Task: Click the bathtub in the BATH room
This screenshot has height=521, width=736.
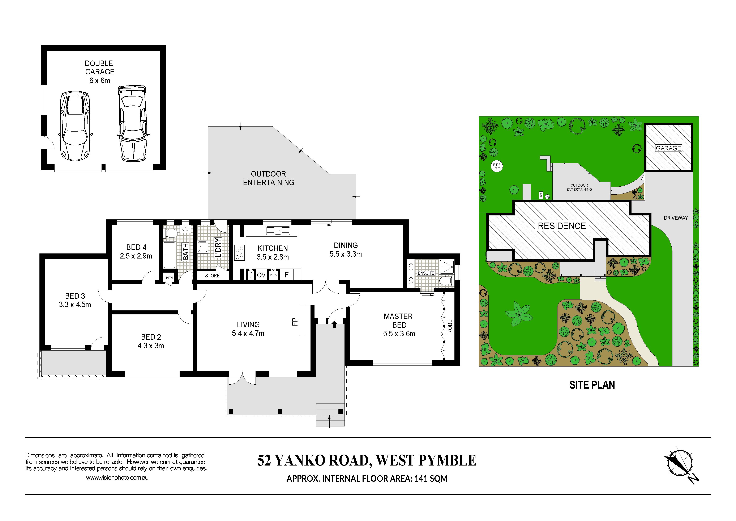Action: pos(169,255)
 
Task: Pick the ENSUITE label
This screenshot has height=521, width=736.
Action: pos(426,273)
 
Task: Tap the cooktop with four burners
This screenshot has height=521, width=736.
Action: pos(239,252)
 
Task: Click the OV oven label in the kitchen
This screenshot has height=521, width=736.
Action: pos(261,275)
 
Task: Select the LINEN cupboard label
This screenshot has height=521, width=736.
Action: pos(168,278)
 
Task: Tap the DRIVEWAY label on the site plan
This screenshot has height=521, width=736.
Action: pos(676,218)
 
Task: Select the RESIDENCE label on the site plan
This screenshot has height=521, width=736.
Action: pos(562,226)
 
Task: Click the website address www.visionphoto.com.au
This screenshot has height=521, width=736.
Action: pos(117,478)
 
